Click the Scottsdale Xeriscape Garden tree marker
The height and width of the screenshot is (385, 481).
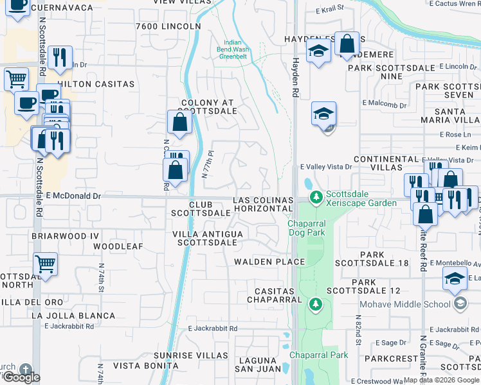point(315,196)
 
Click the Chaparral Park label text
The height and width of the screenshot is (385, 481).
point(318,355)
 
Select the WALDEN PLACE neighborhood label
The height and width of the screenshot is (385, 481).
point(269,262)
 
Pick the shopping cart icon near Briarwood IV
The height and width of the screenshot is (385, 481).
point(45,262)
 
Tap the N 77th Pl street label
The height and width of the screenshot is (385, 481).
point(207,165)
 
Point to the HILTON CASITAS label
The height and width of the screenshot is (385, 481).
point(96,84)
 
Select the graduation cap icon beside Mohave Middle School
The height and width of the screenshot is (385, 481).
point(455,278)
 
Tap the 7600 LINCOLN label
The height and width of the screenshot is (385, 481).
point(168,26)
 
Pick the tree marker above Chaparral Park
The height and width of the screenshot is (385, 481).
point(315,303)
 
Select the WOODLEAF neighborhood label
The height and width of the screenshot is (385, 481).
point(118,246)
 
